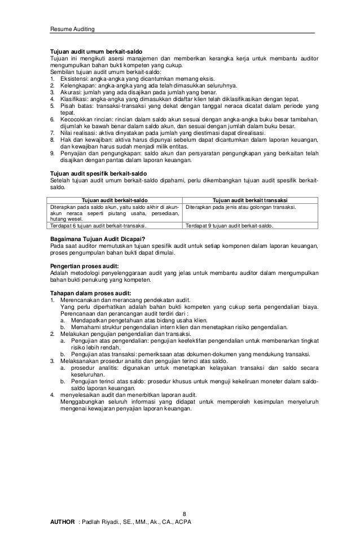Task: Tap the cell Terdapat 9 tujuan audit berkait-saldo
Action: (230, 225)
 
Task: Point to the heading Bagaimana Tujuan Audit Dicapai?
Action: (98, 239)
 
